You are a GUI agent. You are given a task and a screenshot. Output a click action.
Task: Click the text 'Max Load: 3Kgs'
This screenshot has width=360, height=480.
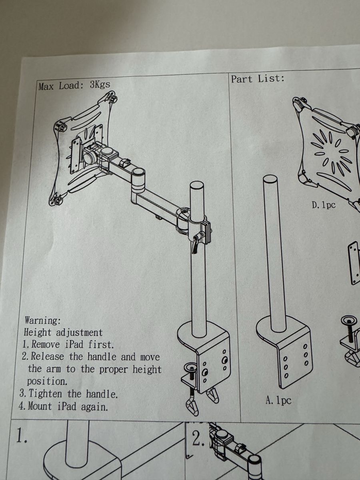point(74,86)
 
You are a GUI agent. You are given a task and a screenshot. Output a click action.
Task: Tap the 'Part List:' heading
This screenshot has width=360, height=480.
point(258,79)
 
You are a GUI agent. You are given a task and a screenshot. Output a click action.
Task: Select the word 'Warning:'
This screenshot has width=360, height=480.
point(43,320)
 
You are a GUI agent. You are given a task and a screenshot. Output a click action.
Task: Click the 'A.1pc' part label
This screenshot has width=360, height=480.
point(278,400)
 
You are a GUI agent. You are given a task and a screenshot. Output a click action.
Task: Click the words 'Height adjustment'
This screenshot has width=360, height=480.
point(63,333)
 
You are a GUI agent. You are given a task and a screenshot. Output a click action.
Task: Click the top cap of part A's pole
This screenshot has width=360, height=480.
point(270,178)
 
